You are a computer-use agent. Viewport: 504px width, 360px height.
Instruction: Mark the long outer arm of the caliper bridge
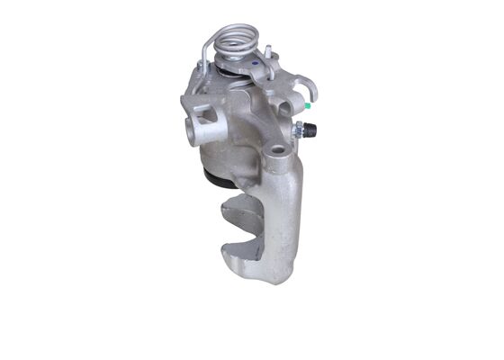[x=288, y=216]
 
